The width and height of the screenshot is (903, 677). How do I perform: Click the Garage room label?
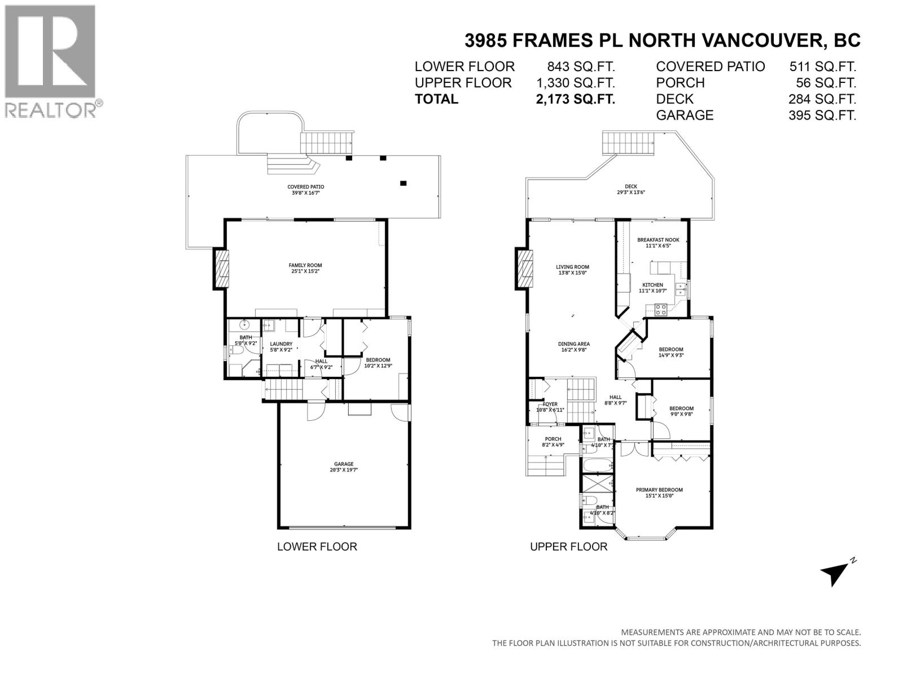344,467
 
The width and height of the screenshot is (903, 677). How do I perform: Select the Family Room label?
305,268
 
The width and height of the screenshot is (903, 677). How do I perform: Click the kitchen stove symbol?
660,309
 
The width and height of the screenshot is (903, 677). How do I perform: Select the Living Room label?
572,270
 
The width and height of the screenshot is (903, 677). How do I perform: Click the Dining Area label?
574,346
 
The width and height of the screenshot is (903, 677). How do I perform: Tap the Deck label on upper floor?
630,189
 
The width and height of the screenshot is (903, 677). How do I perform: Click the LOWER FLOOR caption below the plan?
317,547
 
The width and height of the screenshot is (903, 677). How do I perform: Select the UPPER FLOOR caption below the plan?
568,547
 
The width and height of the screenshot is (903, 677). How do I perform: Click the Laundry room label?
281,346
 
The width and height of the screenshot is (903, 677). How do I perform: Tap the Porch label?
553,442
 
